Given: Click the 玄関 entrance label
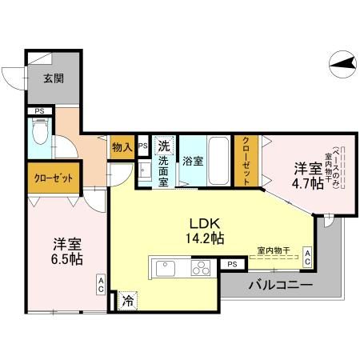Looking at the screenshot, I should click(54, 79).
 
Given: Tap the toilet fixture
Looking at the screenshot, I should click(38, 130).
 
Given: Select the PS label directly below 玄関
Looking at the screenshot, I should click(38, 111).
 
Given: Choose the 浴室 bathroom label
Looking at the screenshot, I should click(191, 160).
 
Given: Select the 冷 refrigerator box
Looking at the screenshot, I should click(128, 301).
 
